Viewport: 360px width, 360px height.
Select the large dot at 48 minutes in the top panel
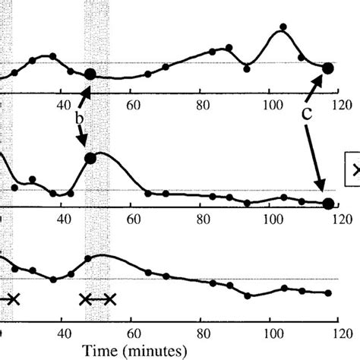click(x=90, y=74)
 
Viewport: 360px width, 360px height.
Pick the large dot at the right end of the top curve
click(x=328, y=68)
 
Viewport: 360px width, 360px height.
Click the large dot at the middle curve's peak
click(x=90, y=159)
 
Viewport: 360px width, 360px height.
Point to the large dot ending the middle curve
click(x=328, y=203)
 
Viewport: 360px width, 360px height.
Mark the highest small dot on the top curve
click(x=283, y=27)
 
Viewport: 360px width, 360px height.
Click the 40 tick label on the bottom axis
click(x=63, y=332)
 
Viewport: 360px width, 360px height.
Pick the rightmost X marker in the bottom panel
click(x=110, y=298)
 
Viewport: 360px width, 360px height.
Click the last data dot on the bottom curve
click(x=328, y=292)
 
